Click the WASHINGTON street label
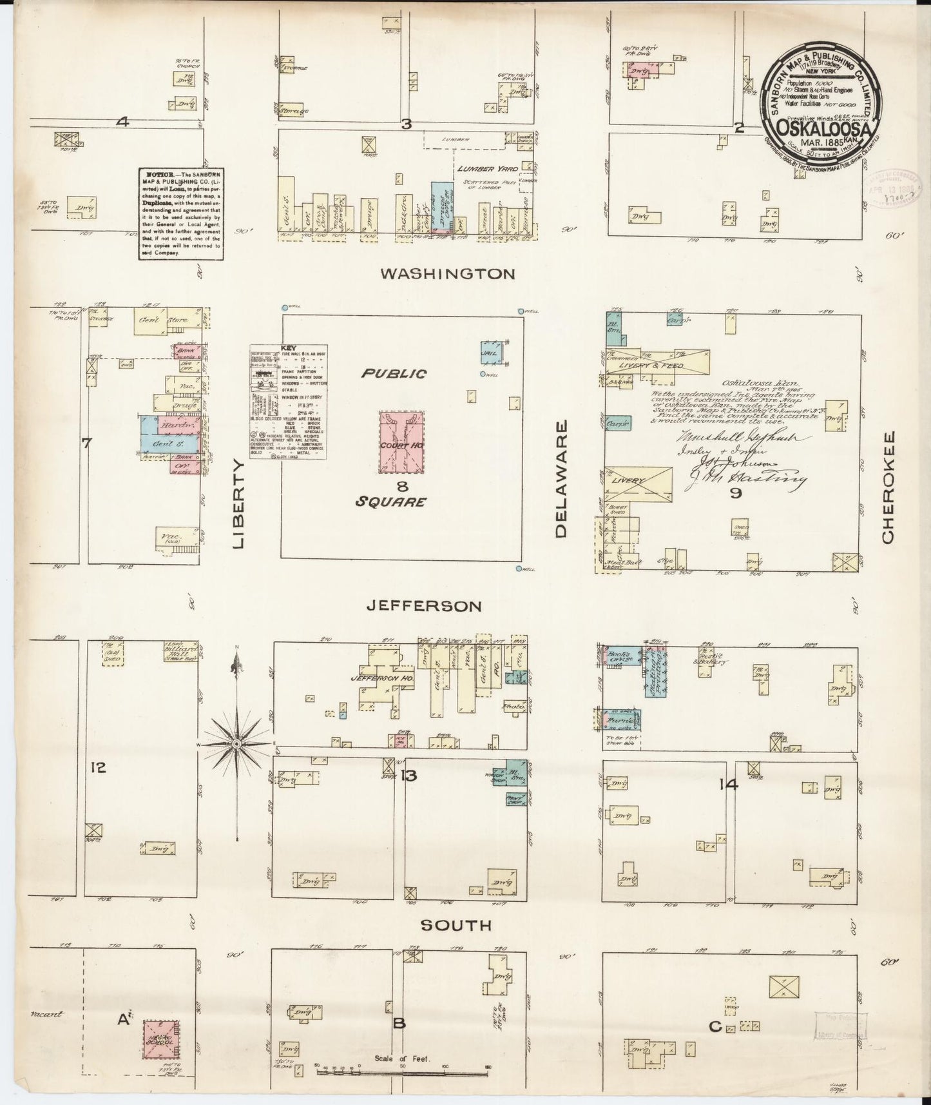click(448, 274)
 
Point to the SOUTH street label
click(456, 926)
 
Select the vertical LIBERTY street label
click(239, 504)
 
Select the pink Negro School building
click(160, 1039)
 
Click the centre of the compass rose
click(237, 744)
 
